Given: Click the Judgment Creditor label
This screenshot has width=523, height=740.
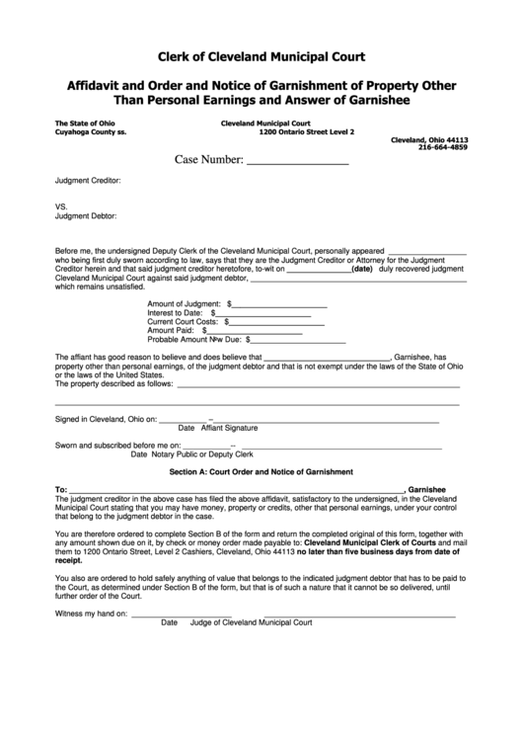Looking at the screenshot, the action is click(x=88, y=181).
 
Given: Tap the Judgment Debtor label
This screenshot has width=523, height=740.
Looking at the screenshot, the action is click(x=86, y=215).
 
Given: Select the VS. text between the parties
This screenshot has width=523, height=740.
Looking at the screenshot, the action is click(x=61, y=206).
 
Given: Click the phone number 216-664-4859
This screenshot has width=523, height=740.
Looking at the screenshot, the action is click(x=443, y=147).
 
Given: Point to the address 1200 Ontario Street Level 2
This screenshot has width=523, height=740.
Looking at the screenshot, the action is click(x=306, y=131).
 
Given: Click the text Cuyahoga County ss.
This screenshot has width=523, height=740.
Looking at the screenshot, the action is click(x=90, y=131).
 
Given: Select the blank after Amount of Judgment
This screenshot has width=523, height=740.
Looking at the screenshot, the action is click(x=280, y=303).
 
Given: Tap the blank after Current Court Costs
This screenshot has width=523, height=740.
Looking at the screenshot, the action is click(x=276, y=322).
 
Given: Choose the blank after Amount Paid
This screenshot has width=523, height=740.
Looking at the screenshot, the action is click(x=258, y=331).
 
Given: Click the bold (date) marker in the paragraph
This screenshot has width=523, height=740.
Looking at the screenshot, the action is click(x=361, y=268).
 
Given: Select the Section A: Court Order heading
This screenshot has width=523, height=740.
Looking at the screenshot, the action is click(x=261, y=473).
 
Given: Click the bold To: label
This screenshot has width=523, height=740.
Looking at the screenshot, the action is click(x=61, y=490).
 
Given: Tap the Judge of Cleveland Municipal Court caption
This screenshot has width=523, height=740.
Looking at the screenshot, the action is click(x=251, y=623).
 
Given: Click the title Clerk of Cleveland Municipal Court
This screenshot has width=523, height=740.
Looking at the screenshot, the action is click(x=261, y=57).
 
